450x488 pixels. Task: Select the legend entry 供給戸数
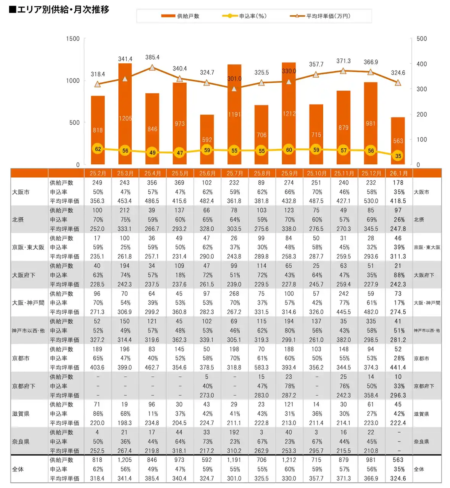pos(180,16)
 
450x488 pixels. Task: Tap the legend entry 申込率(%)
pos(244,16)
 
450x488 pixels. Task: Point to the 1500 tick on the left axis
pos(73,39)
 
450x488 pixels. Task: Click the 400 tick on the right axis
pos(421,64)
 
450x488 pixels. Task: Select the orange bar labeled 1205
pos(125,114)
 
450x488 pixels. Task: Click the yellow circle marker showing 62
pos(98,149)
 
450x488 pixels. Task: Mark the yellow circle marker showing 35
pos(398,156)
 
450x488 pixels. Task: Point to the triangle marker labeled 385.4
pos(152,67)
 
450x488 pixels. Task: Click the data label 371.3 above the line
pos(343,61)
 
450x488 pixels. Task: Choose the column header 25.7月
pos(234,173)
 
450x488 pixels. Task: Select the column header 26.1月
pos(398,173)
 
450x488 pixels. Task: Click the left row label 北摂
pos(18,220)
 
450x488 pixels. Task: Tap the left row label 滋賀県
pos(21,414)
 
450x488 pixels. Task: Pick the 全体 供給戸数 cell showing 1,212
pos(289,460)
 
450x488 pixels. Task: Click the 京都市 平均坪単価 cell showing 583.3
pos(261,368)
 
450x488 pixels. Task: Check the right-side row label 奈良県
pos(421,441)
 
